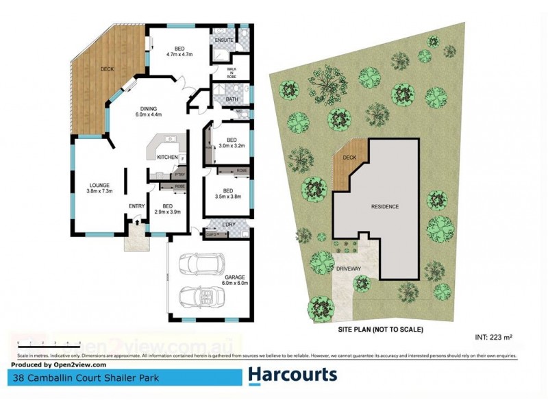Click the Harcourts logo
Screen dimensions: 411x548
(x=292, y=375)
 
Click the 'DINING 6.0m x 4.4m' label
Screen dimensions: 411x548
(x=149, y=112)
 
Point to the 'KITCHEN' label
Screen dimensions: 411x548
(x=167, y=158)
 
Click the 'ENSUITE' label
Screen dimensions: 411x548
(x=224, y=40)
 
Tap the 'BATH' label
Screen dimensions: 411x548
(x=232, y=99)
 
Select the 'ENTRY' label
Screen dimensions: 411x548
(x=136, y=206)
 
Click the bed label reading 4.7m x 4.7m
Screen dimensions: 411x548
(x=179, y=51)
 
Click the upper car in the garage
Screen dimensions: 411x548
(x=200, y=264)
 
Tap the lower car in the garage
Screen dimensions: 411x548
(x=200, y=297)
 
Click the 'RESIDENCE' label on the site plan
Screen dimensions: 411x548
(x=384, y=206)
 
